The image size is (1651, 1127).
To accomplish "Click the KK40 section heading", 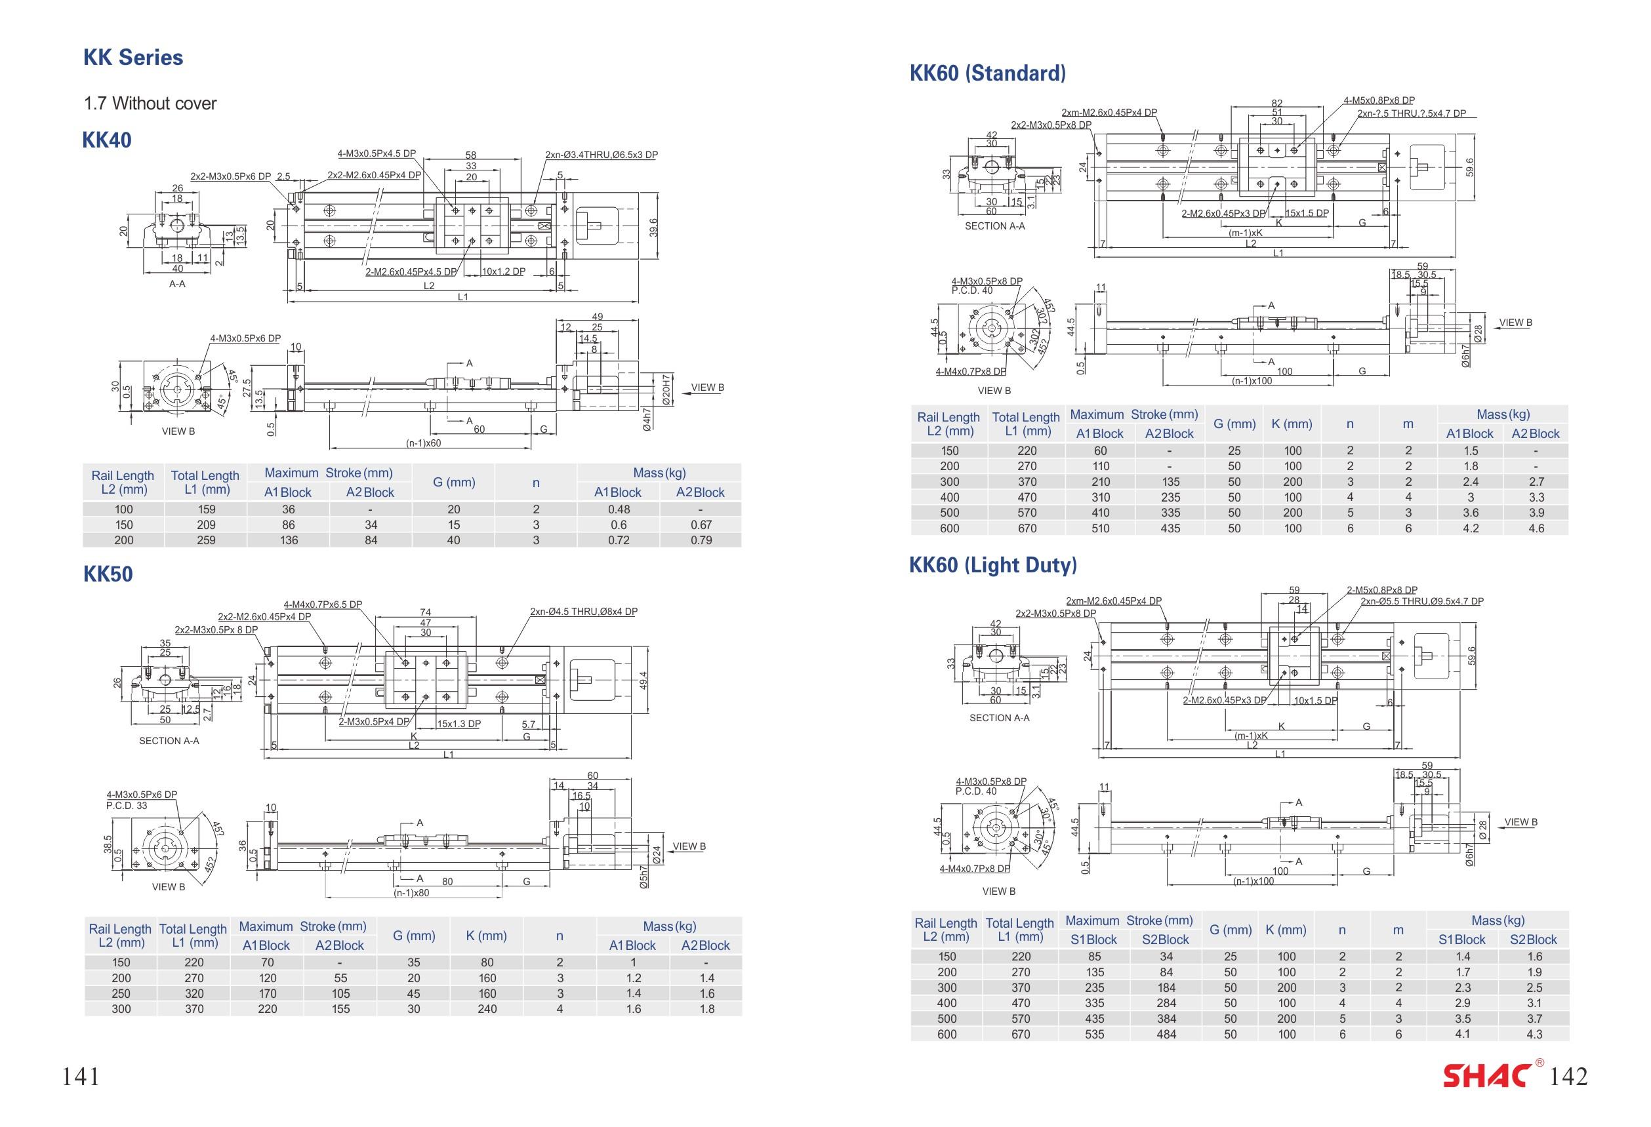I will [108, 140].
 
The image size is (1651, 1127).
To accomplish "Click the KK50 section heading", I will [108, 574].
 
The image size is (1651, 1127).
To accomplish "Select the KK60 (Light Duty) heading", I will [993, 565].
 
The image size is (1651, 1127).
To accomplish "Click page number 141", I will [81, 1077].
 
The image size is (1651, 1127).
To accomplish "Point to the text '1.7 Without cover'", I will [150, 104].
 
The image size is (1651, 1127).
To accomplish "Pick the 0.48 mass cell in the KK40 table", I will [619, 509].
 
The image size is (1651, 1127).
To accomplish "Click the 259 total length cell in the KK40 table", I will [206, 540].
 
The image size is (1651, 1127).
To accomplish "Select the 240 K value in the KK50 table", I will [487, 1009].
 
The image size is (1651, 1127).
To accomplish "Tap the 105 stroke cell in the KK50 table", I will [341, 993].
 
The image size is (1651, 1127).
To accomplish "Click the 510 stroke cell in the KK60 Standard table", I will [1101, 528].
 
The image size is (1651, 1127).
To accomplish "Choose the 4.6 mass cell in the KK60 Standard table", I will [1536, 528].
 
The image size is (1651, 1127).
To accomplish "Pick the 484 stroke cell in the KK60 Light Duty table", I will [1166, 1035].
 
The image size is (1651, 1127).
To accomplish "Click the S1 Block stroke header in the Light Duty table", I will [1093, 939].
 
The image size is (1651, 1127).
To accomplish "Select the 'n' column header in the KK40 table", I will [537, 483].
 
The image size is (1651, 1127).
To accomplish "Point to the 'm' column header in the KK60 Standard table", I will [1408, 424].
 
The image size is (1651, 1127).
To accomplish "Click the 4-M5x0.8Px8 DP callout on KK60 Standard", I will [1379, 101].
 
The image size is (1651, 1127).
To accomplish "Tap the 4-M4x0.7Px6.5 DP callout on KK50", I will [323, 605].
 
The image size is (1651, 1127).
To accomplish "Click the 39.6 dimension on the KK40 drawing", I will [653, 228].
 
